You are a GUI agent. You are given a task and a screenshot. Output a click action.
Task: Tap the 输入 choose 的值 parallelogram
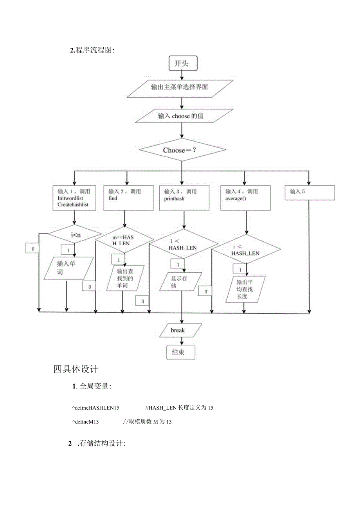181,116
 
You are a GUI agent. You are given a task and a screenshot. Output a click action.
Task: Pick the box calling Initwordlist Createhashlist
74,198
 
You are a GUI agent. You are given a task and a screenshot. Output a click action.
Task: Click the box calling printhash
184,198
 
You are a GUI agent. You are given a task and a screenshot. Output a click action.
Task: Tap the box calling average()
246,198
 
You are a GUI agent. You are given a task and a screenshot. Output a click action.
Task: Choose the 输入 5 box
310,192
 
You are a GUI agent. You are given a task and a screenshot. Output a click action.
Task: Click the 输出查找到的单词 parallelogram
125,278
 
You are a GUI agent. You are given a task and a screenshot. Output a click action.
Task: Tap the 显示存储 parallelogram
180,282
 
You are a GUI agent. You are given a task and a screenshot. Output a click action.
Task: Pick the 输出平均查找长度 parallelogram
246,289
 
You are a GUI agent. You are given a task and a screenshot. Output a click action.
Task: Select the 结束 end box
181,352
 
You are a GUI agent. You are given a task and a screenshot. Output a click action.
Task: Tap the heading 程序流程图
93,50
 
